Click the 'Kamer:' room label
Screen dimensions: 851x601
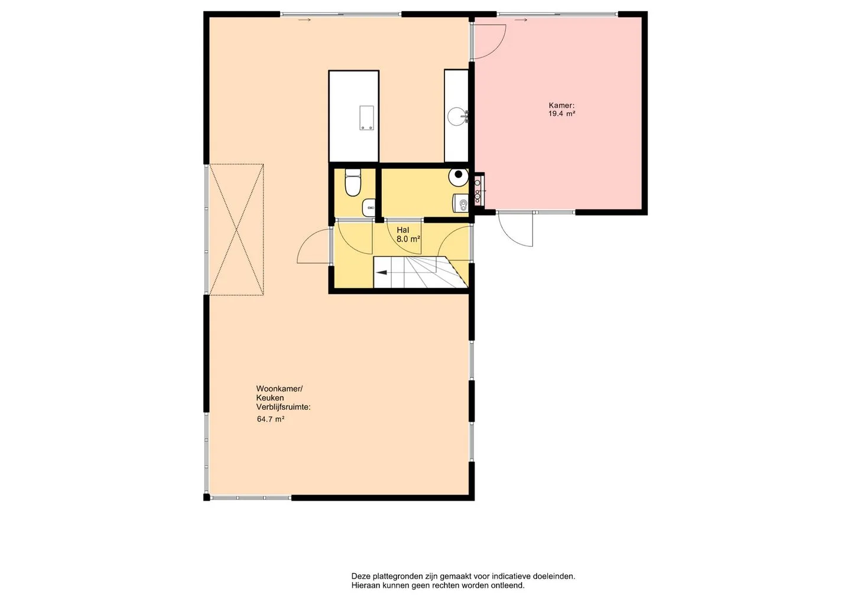(561, 105)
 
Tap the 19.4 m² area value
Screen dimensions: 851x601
(561, 113)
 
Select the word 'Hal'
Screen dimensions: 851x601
(402, 230)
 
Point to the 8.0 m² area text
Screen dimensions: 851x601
(408, 239)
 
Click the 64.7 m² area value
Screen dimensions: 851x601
(271, 419)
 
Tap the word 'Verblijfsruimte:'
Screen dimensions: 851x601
(284, 407)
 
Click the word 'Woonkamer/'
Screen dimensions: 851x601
(279, 388)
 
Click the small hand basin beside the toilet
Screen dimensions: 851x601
(369, 208)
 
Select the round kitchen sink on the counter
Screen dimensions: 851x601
(457, 116)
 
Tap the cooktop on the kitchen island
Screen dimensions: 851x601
(367, 117)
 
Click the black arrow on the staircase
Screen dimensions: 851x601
(381, 272)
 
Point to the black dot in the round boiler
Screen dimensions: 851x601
(459, 174)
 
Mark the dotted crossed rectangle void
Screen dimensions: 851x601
(236, 229)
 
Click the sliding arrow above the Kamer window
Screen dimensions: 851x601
(523, 19)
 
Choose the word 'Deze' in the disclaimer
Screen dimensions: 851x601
(359, 576)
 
